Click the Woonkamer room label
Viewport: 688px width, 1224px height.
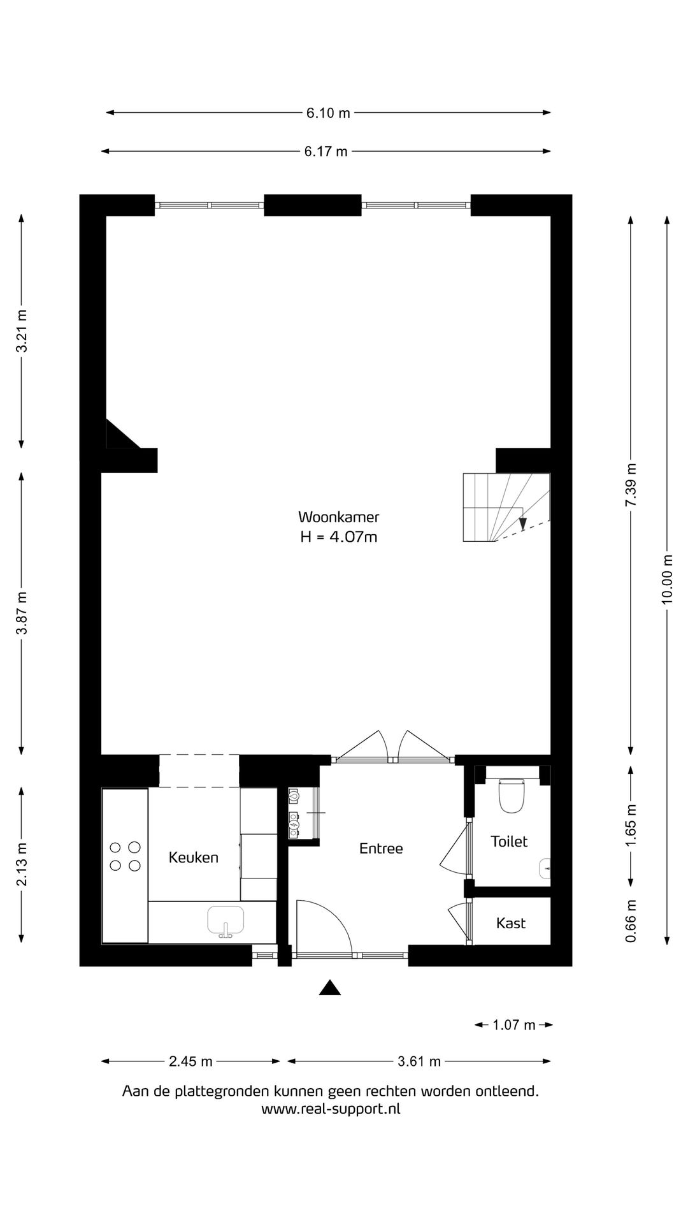pos(338,516)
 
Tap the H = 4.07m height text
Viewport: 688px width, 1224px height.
pos(338,537)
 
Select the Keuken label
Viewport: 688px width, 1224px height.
pos(193,857)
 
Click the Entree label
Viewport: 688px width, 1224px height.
pos(381,849)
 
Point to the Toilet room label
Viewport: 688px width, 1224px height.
pos(509,841)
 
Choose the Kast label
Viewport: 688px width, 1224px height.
pos(511,923)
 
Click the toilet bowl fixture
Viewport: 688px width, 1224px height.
pos(511,795)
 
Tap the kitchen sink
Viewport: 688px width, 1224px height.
pos(226,921)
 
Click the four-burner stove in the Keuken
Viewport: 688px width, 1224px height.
pos(125,856)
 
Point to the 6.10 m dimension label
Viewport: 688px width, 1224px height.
pos(328,113)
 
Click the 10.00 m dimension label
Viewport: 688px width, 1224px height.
pos(667,579)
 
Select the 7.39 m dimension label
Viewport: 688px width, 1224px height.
pos(631,484)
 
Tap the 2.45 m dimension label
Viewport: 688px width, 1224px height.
pos(190,1061)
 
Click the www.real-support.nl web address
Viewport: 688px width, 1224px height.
pos(331,1109)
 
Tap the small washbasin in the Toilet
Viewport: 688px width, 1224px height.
pos(545,869)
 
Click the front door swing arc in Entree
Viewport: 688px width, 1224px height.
pos(328,918)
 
